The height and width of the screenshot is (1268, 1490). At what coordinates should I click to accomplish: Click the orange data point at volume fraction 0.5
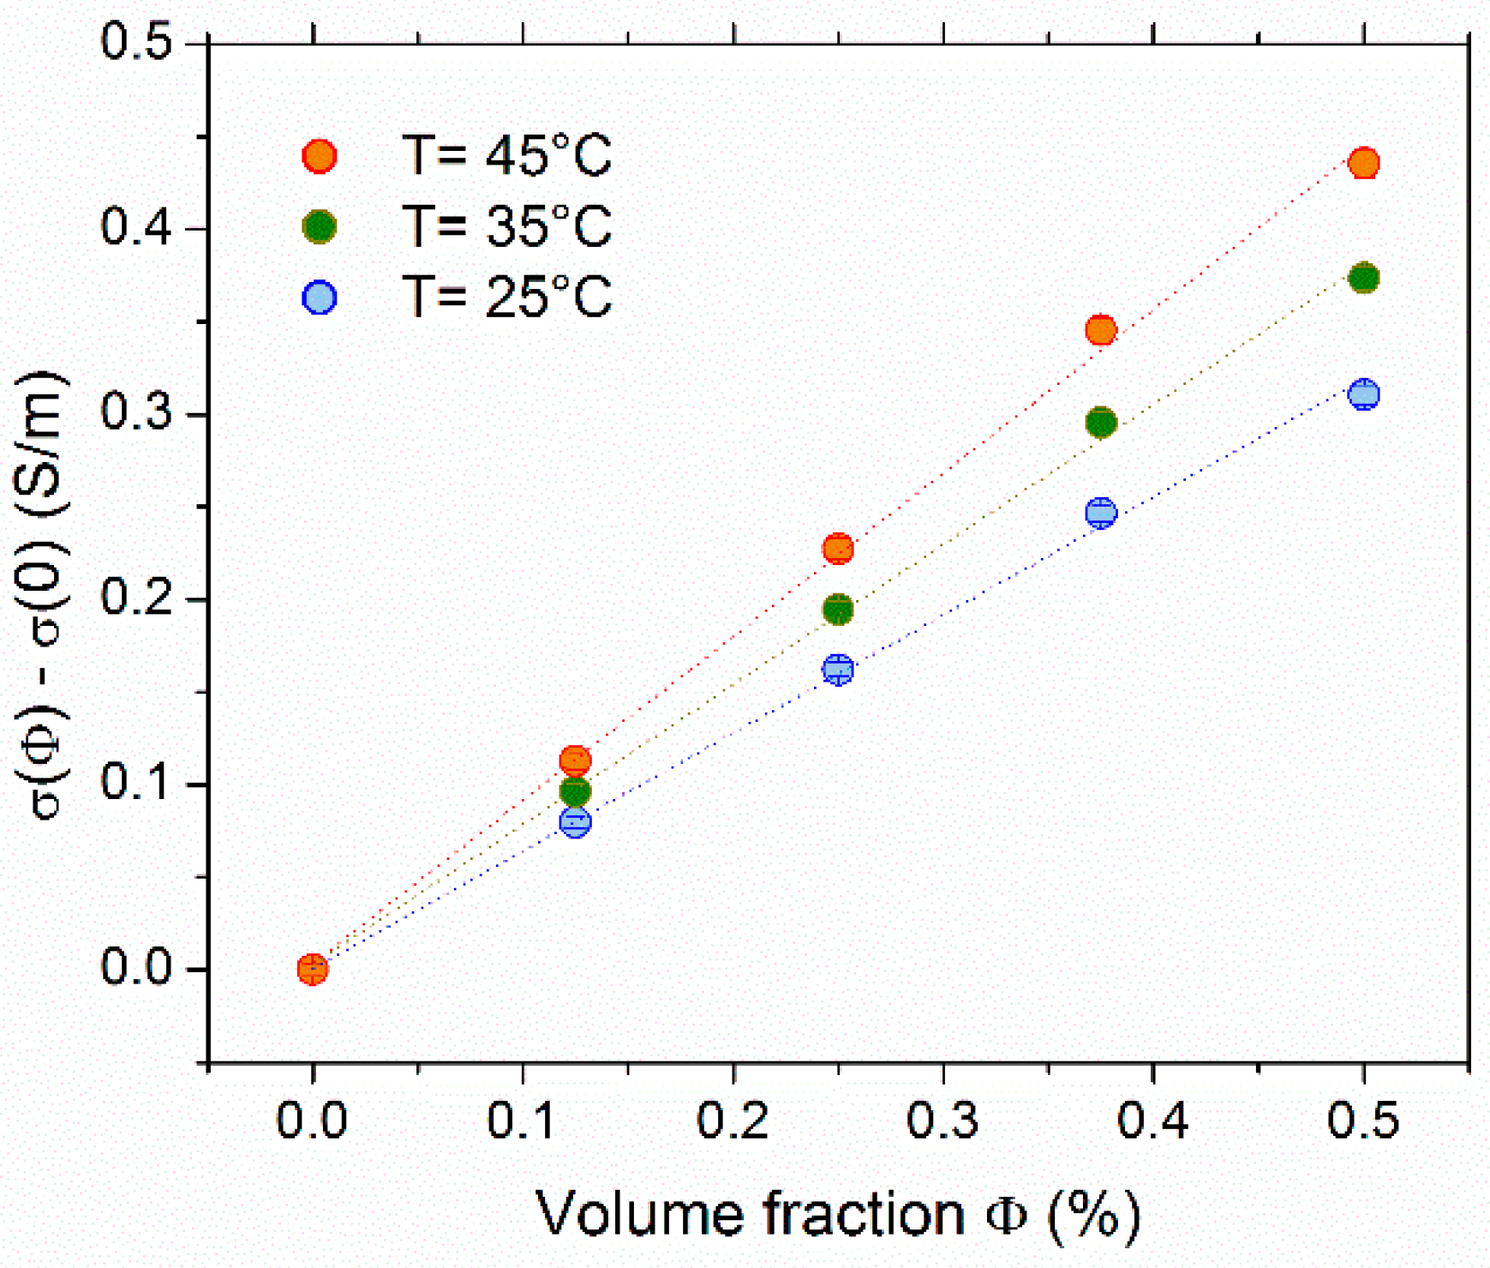[1363, 163]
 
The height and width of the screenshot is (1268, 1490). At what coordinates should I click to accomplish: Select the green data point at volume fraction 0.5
[1363, 278]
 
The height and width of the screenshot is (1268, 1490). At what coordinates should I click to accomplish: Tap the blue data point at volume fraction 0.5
[1363, 394]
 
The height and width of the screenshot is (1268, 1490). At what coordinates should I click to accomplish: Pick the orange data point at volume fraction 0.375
[1100, 330]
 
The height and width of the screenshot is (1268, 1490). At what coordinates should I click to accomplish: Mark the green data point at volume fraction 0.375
[1100, 423]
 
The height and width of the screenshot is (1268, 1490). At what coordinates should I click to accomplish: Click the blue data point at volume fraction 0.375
[1100, 513]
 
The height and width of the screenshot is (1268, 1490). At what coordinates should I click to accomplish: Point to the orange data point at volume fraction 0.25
[838, 549]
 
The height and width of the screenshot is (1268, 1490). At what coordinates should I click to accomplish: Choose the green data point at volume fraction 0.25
[838, 610]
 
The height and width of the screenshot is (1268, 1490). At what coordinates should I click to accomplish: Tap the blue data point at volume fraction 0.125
[575, 822]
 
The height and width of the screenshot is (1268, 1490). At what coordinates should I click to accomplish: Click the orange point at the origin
[313, 969]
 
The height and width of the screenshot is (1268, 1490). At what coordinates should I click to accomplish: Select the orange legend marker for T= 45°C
[320, 157]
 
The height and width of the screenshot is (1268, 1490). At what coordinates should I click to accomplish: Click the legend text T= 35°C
[506, 227]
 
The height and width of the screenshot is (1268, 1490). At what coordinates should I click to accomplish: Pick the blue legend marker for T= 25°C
[320, 297]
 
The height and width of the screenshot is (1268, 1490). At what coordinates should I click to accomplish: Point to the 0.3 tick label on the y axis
[137, 413]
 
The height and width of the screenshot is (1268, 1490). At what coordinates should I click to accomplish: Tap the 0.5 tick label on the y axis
[137, 41]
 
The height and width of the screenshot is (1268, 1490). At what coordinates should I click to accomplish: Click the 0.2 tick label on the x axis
[733, 1121]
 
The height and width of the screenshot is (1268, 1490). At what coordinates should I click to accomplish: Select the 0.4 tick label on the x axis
[1153, 1121]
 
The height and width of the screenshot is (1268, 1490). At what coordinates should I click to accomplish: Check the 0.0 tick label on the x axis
[312, 1121]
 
